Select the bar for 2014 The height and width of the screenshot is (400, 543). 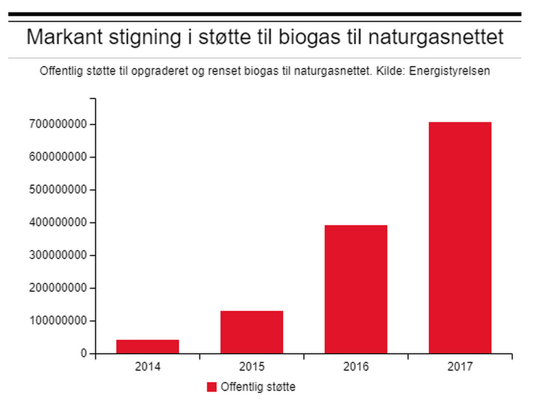click(148, 346)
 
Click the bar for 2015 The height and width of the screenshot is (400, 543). click(252, 332)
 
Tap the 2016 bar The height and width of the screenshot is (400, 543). click(356, 289)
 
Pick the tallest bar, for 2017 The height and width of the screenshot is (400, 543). click(460, 238)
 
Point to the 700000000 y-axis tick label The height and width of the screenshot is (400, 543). click(59, 124)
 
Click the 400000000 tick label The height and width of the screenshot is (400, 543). click(59, 223)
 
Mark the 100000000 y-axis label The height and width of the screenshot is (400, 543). click(59, 321)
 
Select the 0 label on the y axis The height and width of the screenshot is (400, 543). click(84, 354)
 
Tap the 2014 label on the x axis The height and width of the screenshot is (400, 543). click(148, 367)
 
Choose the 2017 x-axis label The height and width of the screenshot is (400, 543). click(460, 367)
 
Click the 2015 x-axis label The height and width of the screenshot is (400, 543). click(252, 367)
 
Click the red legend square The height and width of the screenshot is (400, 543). click(212, 387)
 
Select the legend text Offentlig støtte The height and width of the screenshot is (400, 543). click(258, 387)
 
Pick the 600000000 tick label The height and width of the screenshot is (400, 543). click(59, 157)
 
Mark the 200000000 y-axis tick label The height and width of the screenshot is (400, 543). click(59, 288)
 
